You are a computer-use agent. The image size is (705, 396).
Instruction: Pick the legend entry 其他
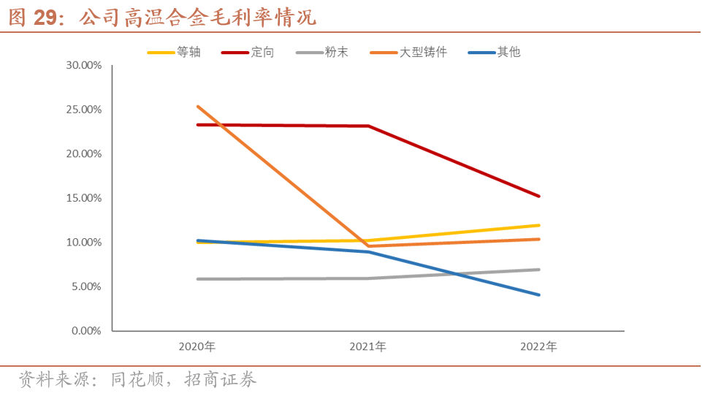(508, 53)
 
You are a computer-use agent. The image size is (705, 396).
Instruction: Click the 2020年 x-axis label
(197, 346)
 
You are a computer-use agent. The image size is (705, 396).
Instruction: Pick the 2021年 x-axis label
(368, 346)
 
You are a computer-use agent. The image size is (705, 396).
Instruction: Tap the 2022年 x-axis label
(539, 346)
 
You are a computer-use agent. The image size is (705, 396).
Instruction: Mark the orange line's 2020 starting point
(197, 107)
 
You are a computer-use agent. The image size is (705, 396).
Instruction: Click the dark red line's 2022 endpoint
(539, 196)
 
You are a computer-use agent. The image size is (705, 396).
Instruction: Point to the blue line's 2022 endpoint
(539, 295)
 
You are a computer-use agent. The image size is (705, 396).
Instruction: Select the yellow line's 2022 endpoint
(539, 225)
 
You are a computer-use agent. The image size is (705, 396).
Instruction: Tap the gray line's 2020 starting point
(197, 279)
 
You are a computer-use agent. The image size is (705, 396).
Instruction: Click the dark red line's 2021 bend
(368, 126)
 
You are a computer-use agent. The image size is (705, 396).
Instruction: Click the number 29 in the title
(45, 18)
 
